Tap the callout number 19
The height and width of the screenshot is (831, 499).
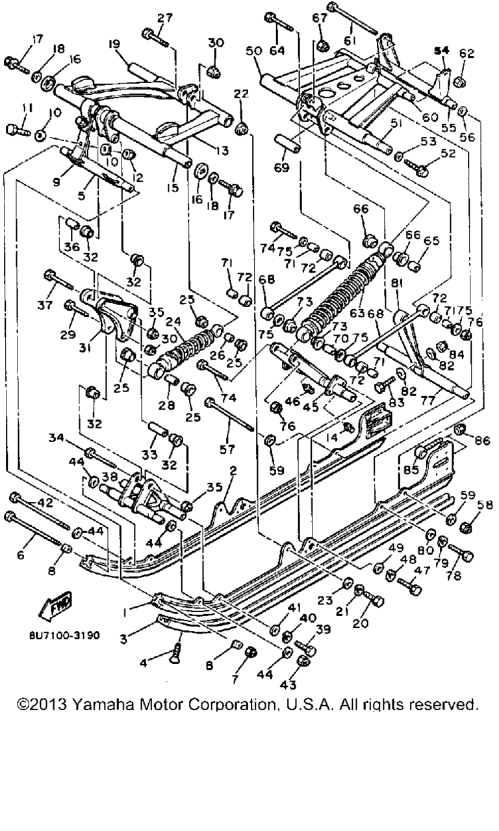pyautogui.click(x=114, y=45)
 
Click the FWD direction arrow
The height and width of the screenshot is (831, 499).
pyautogui.click(x=57, y=604)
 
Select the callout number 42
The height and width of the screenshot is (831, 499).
pyautogui.click(x=45, y=503)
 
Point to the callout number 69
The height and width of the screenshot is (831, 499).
pyautogui.click(x=282, y=168)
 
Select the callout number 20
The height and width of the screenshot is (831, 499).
pyautogui.click(x=359, y=624)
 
